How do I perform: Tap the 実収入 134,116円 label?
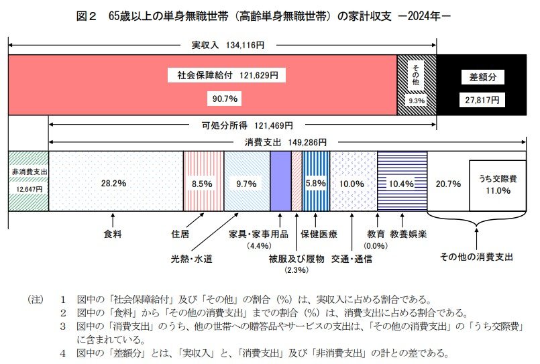[223, 46]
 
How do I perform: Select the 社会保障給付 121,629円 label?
[223, 76]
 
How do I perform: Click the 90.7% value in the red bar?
[223, 99]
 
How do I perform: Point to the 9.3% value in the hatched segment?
[417, 101]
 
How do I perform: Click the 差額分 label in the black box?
[480, 77]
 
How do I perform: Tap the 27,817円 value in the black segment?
[480, 99]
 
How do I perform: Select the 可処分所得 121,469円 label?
[242, 125]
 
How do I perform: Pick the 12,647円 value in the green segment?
[28, 189]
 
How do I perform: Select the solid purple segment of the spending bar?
[280, 181]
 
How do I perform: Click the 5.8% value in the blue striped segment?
[315, 183]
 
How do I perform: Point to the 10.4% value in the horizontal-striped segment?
[400, 183]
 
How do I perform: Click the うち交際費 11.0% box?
[496, 184]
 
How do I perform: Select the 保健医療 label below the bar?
[319, 235]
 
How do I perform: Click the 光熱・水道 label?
[191, 257]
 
